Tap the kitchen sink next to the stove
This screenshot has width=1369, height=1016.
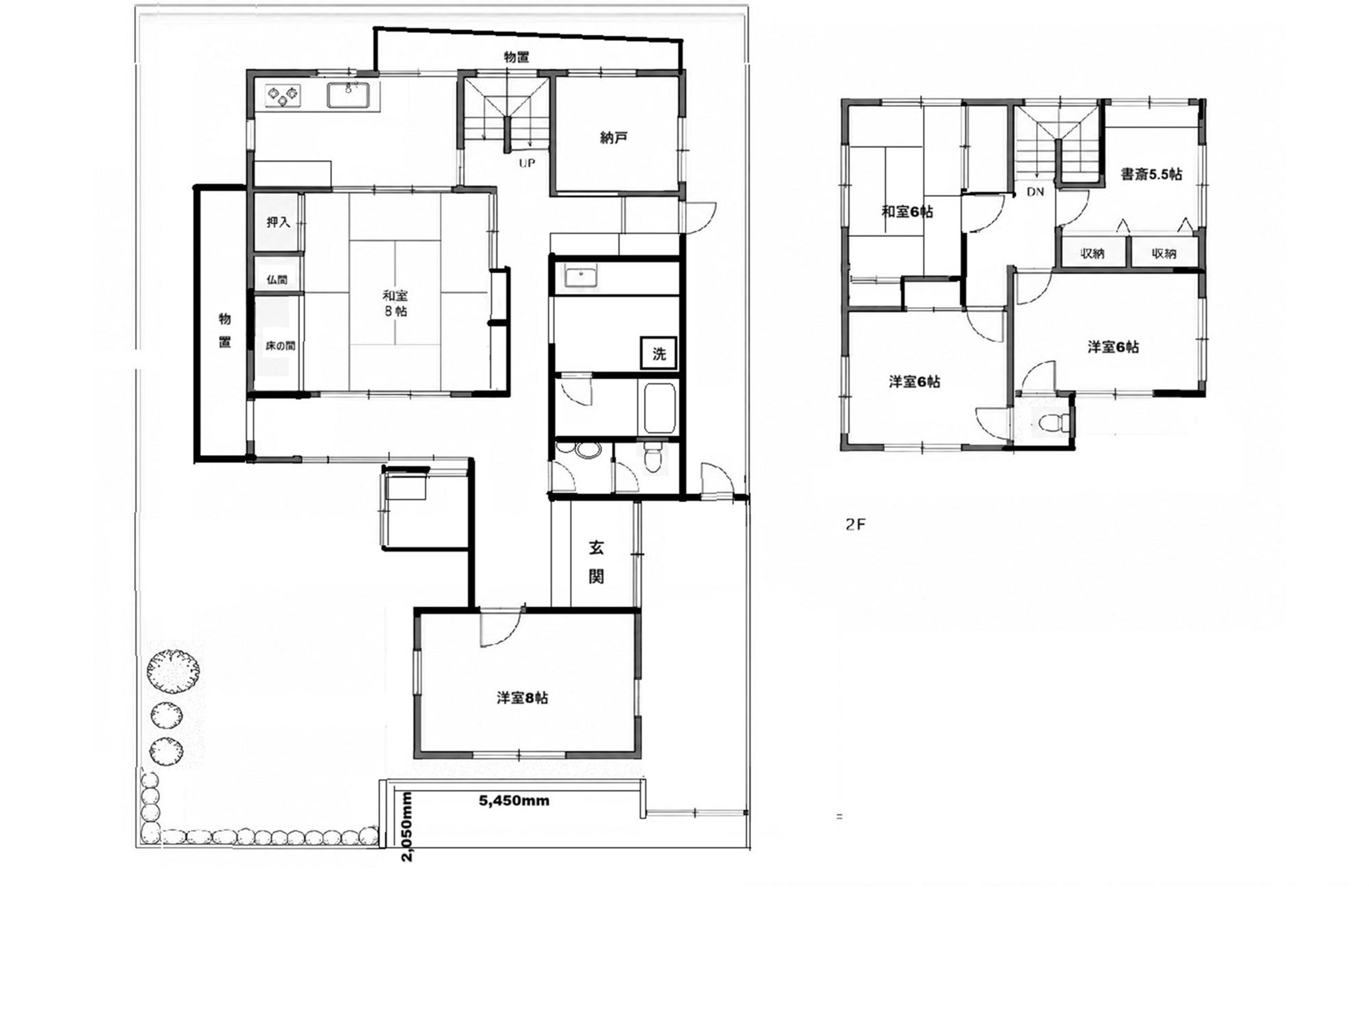click(x=348, y=95)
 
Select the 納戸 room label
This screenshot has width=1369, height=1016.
click(x=613, y=138)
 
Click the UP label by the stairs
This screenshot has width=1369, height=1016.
click(x=527, y=164)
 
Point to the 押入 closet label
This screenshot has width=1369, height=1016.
click(x=278, y=222)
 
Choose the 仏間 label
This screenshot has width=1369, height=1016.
click(x=277, y=280)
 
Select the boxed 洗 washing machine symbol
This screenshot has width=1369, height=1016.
click(x=659, y=354)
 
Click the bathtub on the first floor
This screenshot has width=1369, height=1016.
click(x=659, y=407)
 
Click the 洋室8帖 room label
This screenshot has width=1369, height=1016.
click(x=523, y=698)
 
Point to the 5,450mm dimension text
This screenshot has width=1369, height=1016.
click(x=514, y=801)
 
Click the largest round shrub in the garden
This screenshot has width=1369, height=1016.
click(x=173, y=672)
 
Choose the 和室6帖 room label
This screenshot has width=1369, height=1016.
click(x=907, y=212)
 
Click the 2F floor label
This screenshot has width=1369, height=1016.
click(x=856, y=525)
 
